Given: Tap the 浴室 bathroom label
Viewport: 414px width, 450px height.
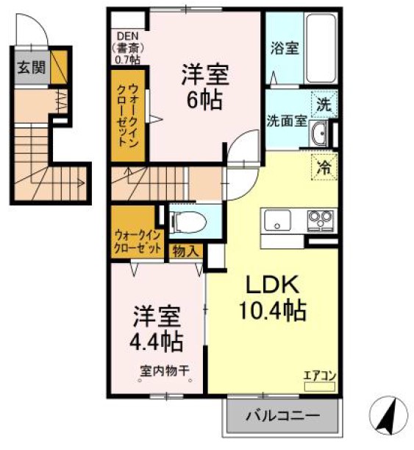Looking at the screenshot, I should tap(284, 49).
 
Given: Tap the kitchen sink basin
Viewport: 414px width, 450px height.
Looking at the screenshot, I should tap(277, 219).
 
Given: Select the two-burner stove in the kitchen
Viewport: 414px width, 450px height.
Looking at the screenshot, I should tap(320, 218).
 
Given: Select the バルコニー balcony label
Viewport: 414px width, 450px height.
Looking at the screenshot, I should tap(283, 416).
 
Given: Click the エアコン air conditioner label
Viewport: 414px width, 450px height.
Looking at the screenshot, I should tap(319, 376).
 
